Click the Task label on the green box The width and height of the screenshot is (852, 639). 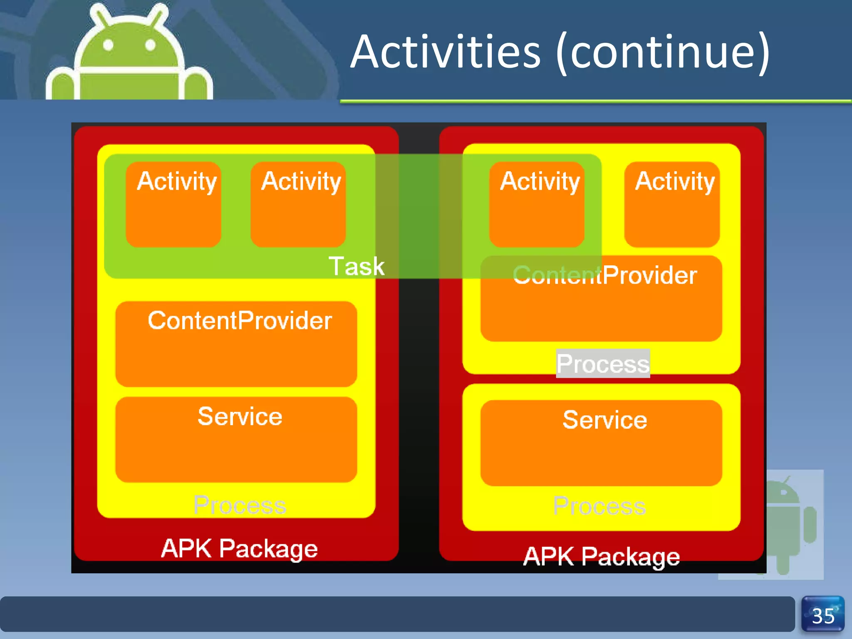[357, 266]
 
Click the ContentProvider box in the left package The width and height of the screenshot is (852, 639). [236, 344]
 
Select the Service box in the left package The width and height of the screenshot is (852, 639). [236, 440]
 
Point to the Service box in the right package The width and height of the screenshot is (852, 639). [601, 443]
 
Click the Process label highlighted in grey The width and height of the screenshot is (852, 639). [603, 364]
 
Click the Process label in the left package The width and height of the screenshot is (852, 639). [240, 505]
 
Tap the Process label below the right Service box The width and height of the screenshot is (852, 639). [599, 506]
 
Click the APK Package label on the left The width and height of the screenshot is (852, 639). [239, 548]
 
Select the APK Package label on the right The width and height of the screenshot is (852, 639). [601, 557]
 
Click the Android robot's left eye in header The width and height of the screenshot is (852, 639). [108, 45]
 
